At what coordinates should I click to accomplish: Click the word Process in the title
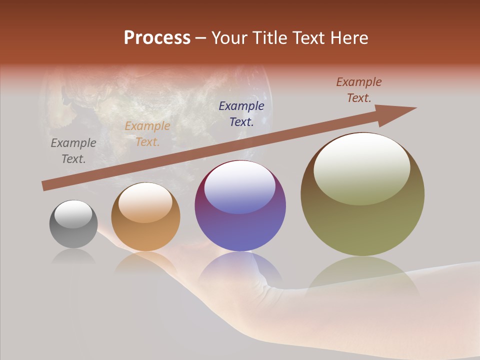click(x=157, y=37)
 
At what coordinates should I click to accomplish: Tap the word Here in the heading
click(x=348, y=37)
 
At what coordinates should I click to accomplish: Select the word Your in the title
click(x=230, y=37)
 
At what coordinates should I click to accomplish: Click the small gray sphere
click(x=73, y=224)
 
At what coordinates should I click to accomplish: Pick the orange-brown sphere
click(x=145, y=217)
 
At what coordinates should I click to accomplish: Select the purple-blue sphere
click(x=240, y=206)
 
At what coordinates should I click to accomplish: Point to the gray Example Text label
click(x=73, y=151)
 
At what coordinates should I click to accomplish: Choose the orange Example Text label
click(x=147, y=134)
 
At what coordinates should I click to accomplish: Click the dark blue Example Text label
click(x=241, y=113)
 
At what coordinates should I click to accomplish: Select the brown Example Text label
click(x=359, y=90)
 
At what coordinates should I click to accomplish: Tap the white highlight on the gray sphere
click(x=73, y=214)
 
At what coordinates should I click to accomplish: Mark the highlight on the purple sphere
click(x=239, y=187)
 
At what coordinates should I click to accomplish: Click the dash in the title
click(x=201, y=37)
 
